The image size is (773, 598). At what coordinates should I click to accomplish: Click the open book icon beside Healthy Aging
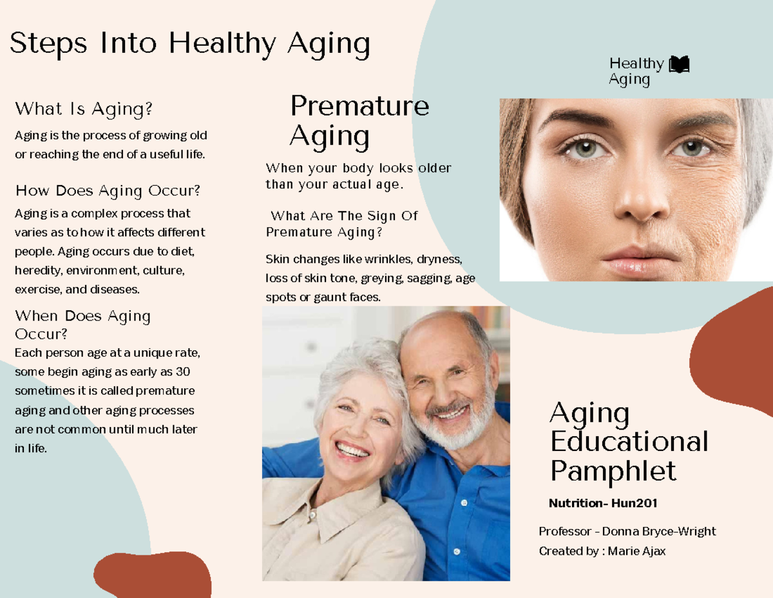(x=679, y=64)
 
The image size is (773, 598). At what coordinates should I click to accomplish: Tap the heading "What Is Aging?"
(x=84, y=109)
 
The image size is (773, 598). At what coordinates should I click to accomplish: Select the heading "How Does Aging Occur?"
(x=108, y=191)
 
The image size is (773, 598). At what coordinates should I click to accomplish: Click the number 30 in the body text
(x=183, y=372)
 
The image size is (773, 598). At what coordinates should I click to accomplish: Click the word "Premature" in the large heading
(x=359, y=106)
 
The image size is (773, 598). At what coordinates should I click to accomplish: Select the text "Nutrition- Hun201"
(x=603, y=503)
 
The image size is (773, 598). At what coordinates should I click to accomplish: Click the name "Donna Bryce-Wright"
(x=659, y=532)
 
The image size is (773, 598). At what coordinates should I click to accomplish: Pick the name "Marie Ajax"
(x=636, y=552)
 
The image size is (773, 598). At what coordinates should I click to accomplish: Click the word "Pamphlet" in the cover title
(x=613, y=471)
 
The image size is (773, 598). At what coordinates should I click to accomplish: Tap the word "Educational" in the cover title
(x=629, y=441)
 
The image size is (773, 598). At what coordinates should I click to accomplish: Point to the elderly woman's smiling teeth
(x=352, y=450)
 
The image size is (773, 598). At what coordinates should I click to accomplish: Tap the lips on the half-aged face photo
(x=638, y=262)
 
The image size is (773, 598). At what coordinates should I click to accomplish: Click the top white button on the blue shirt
(x=464, y=503)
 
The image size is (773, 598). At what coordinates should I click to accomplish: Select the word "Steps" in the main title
(x=48, y=43)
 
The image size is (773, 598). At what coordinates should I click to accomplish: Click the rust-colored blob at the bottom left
(x=153, y=574)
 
